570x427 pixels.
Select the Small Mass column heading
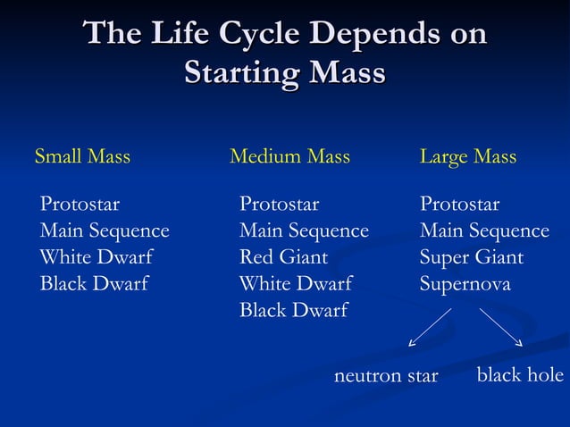(x=82, y=157)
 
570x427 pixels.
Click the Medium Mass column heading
(x=289, y=157)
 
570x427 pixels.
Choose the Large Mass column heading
(x=468, y=157)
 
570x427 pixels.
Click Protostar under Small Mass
(x=80, y=205)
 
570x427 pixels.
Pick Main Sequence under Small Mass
(x=105, y=231)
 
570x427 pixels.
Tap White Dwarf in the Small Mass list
(x=96, y=258)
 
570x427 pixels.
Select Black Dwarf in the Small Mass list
(x=94, y=285)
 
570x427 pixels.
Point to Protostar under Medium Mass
(x=279, y=205)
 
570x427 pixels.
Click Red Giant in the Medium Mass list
(x=283, y=258)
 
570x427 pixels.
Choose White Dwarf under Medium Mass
(x=296, y=285)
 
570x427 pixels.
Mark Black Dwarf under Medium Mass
(x=294, y=311)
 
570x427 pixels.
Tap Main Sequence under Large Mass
(x=484, y=231)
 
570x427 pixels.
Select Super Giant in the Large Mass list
(x=472, y=258)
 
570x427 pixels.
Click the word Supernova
(x=465, y=285)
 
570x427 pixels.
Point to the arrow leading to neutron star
(x=430, y=327)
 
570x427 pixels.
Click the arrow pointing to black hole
(x=500, y=327)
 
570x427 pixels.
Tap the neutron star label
(x=386, y=376)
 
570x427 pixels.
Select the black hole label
(x=520, y=375)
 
